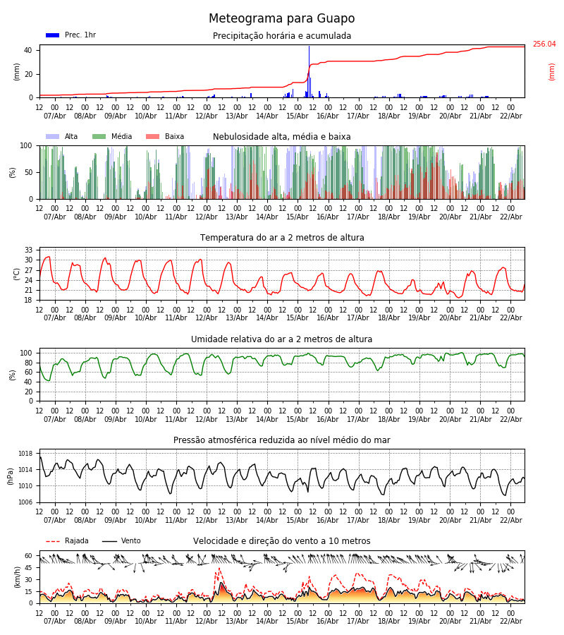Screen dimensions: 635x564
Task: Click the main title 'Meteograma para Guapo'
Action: (x=281, y=19)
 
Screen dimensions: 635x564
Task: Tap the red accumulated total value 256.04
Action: (x=544, y=44)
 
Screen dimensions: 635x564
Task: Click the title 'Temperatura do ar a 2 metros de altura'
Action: (x=282, y=238)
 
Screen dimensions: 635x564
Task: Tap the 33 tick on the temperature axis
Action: (x=29, y=250)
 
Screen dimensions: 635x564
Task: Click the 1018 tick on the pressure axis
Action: (x=25, y=454)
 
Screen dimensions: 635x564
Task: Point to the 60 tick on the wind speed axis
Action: (x=29, y=556)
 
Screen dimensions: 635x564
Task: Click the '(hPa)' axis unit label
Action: (x=11, y=476)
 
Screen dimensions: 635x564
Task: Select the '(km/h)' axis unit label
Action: (x=18, y=577)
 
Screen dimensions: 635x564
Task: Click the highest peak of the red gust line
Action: (x=219, y=569)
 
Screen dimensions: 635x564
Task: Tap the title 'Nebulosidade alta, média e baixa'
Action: (x=281, y=137)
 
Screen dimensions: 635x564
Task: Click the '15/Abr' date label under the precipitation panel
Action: (x=298, y=116)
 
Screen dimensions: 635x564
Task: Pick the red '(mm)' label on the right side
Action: (x=552, y=71)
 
